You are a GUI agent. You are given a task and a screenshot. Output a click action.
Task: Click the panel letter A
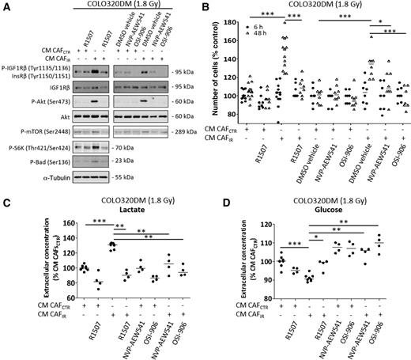6,6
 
